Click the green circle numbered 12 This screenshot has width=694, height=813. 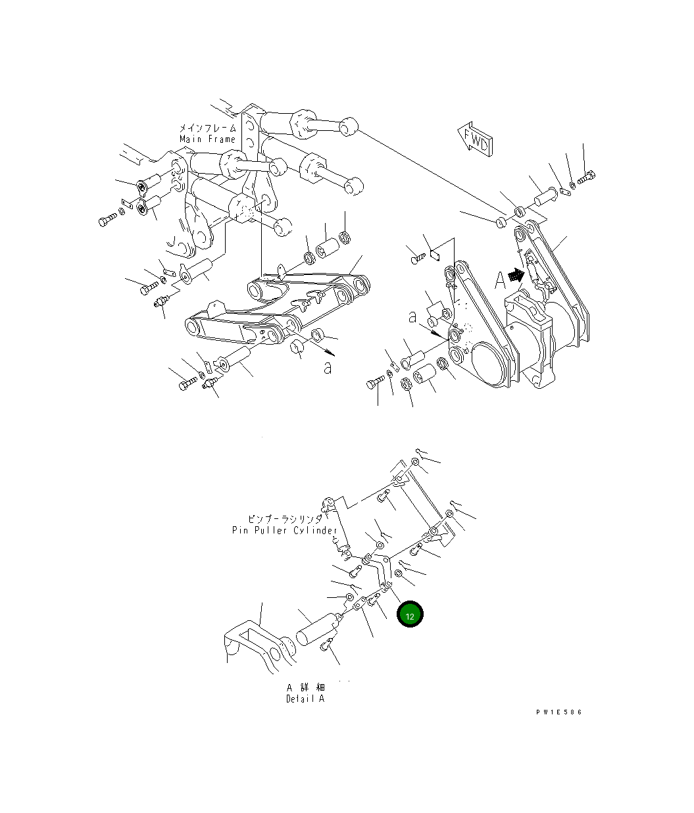(410, 615)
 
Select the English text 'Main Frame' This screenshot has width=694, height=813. (207, 139)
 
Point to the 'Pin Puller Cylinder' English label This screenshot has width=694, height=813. (284, 530)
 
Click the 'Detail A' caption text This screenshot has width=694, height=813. (305, 699)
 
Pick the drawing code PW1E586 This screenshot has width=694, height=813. (558, 712)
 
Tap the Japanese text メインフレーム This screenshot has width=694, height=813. (207, 128)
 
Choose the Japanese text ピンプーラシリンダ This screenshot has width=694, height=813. (285, 519)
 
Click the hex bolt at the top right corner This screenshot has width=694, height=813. (587, 176)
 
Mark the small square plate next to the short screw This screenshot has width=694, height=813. (434, 255)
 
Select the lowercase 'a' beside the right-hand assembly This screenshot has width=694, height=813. (412, 317)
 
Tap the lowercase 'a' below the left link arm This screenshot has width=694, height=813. (328, 368)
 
